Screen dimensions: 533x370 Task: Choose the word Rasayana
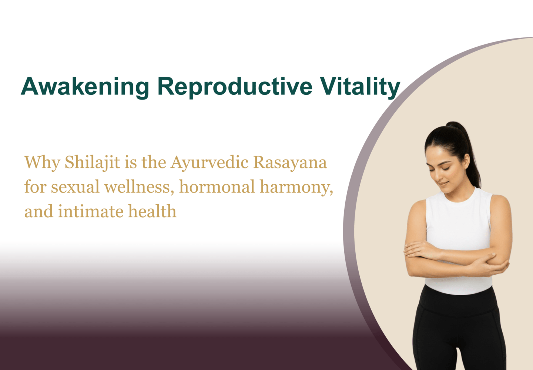pyautogui.click(x=290, y=163)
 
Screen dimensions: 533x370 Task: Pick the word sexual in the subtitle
pyautogui.click(x=75, y=187)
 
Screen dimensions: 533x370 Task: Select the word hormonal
pyautogui.click(x=217, y=186)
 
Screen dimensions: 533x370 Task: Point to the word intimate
pyautogui.click(x=91, y=211)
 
